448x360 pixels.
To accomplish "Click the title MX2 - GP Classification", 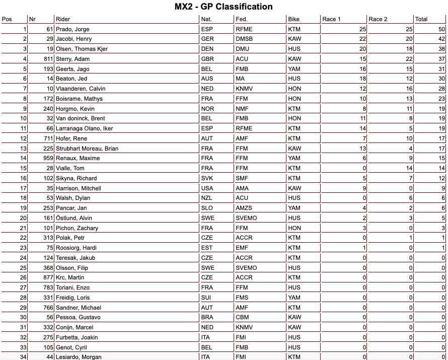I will (223, 7).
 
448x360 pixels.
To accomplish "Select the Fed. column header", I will (241, 19).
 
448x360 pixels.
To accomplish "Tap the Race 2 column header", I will (378, 19).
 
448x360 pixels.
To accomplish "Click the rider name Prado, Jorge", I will (72, 29).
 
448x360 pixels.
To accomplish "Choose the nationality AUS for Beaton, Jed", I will (207, 79).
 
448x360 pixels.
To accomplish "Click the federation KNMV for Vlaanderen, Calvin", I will (244, 89).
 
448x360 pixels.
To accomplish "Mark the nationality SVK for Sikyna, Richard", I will (207, 178).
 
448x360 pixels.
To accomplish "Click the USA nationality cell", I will (207, 188).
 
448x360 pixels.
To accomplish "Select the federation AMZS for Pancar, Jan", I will (244, 208).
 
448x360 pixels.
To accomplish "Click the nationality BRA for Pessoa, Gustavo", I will (207, 317).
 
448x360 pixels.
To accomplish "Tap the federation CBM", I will (242, 317).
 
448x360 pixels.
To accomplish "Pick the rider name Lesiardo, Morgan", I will (79, 357).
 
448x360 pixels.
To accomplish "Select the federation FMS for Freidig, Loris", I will (242, 298).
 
